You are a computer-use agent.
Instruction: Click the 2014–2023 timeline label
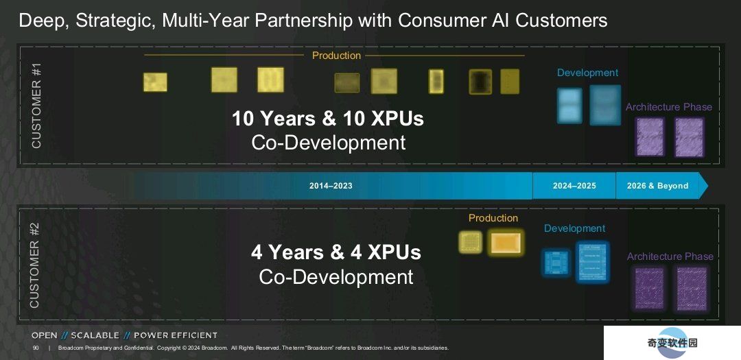coord(331,186)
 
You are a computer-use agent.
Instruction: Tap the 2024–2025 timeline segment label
coord(574,186)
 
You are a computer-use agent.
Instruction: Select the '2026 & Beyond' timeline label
coord(657,186)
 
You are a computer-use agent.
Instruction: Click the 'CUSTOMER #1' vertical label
coord(37,106)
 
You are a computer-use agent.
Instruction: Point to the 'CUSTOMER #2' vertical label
coord(35,265)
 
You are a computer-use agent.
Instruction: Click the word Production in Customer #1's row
coord(336,56)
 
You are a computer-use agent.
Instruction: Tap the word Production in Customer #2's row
coord(493,218)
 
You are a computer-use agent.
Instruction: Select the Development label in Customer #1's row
coord(587,73)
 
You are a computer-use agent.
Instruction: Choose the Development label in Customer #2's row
coord(574,228)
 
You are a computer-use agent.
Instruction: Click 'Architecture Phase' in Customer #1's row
coord(669,107)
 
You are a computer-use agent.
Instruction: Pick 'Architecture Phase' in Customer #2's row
coord(670,256)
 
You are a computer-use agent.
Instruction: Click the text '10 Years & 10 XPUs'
coord(327,119)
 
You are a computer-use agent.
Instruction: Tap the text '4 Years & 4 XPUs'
coord(336,252)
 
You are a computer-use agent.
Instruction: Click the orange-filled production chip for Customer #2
coord(506,243)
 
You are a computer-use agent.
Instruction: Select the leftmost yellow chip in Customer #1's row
coord(155,82)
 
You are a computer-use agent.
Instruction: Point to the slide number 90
coord(36,348)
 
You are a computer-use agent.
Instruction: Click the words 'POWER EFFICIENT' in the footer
coord(176,335)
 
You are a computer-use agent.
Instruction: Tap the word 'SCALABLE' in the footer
coord(95,335)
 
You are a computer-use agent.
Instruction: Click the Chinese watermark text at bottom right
coord(672,343)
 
